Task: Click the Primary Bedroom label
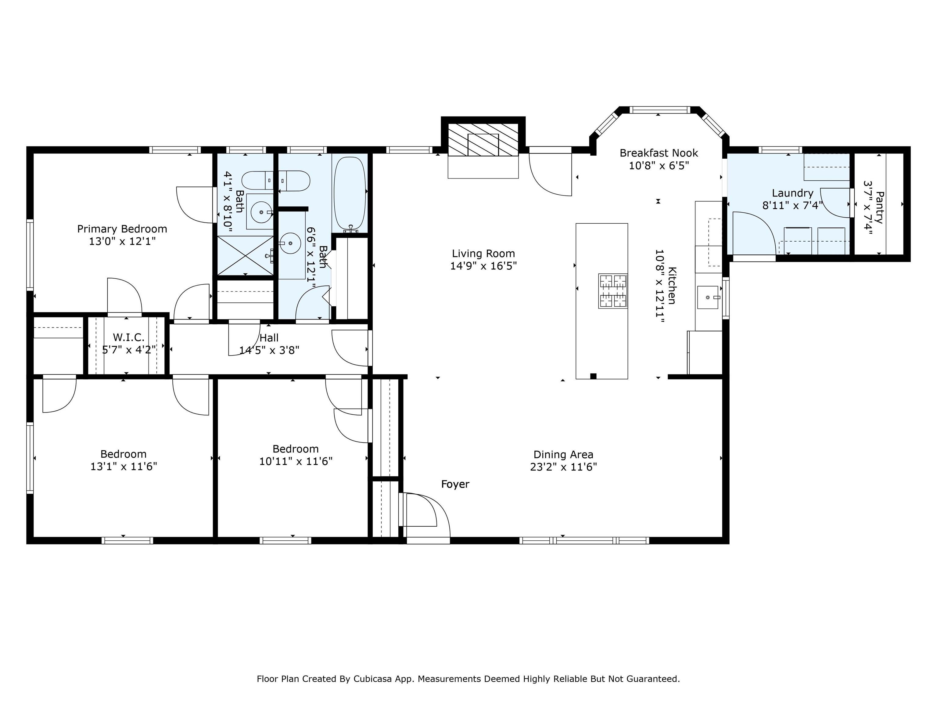tap(122, 229)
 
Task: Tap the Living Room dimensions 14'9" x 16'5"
tap(483, 266)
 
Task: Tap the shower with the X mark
tap(245, 255)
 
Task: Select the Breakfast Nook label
tap(659, 153)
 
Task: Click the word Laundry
tap(792, 193)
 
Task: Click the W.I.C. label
tap(129, 338)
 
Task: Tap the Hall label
tap(269, 338)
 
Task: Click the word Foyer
tap(455, 484)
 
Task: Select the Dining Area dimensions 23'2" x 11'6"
tap(563, 467)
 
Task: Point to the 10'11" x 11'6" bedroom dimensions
tap(296, 461)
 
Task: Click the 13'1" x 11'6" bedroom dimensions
tap(124, 467)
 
